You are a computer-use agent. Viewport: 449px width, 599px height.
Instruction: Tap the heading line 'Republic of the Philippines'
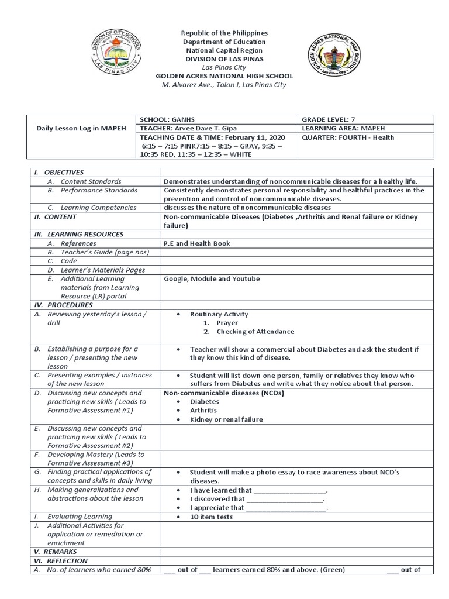224,33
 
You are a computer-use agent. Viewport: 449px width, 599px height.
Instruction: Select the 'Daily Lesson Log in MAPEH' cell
81,128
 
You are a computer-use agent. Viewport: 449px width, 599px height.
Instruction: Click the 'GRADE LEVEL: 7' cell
330,119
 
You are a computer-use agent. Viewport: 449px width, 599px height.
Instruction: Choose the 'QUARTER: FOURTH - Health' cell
348,137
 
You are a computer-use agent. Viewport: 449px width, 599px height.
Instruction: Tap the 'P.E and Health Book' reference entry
197,243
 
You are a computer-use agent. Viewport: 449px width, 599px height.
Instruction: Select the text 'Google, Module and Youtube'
212,279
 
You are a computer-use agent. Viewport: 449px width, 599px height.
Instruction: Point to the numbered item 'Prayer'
227,323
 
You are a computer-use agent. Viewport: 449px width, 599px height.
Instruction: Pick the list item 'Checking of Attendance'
255,332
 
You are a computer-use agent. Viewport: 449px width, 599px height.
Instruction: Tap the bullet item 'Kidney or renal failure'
226,419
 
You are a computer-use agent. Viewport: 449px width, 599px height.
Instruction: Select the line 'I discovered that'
217,499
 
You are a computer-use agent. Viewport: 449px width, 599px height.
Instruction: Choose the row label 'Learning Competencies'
98,208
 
